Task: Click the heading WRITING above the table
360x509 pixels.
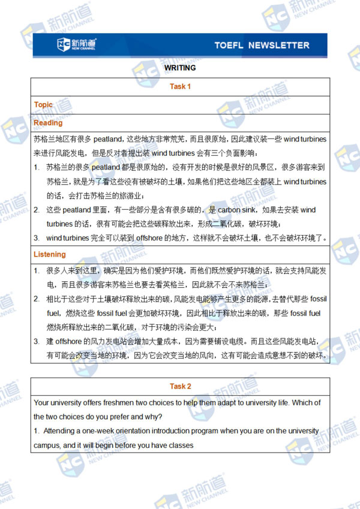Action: [x=180, y=68]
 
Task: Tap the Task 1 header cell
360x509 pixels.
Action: [x=180, y=86]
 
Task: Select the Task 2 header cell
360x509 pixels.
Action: [x=180, y=386]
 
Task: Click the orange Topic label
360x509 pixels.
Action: [x=43, y=104]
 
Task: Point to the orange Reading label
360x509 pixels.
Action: [x=48, y=122]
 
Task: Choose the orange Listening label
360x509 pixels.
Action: [x=50, y=254]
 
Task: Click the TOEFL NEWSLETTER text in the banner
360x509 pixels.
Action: [x=262, y=45]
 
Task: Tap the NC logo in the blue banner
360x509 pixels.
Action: [x=76, y=44]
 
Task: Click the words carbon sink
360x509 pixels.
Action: [x=239, y=210]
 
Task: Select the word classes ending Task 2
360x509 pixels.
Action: [x=181, y=445]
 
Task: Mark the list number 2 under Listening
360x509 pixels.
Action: [x=37, y=298]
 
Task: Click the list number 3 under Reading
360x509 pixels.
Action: [x=37, y=238]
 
